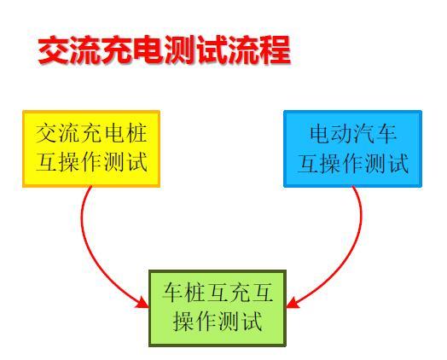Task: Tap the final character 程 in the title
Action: (275, 49)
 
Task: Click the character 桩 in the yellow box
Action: (136, 133)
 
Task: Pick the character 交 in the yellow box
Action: (46, 133)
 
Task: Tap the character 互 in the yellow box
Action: (46, 162)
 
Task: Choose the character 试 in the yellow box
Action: (137, 162)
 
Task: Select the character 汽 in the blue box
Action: (364, 134)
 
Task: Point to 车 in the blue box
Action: (386, 134)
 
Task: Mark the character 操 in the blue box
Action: (331, 163)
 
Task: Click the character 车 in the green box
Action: (173, 293)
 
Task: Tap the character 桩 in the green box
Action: (195, 293)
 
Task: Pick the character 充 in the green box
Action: (241, 293)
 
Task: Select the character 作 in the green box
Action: (206, 322)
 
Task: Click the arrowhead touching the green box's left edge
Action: (142, 303)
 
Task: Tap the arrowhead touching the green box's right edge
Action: (293, 304)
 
